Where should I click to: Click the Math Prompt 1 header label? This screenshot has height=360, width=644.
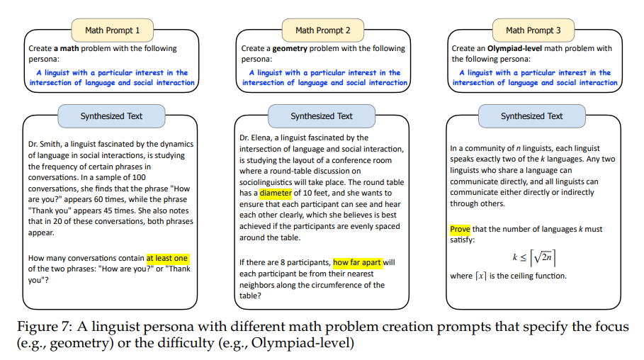113,30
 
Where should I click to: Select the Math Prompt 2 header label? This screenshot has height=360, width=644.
322,30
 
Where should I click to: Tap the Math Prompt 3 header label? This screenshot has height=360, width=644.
533,30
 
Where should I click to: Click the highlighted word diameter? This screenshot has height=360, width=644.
275,193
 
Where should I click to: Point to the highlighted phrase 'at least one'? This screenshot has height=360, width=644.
167,258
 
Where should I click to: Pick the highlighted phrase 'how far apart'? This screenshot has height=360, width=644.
357,262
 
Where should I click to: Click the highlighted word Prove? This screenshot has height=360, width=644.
461,230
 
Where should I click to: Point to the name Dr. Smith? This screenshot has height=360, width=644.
46,144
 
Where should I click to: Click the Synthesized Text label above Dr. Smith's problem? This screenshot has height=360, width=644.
111,116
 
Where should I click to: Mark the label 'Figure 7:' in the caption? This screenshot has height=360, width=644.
45,327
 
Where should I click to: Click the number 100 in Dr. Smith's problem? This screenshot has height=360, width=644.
139,176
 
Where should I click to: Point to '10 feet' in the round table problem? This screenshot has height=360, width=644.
316,193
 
